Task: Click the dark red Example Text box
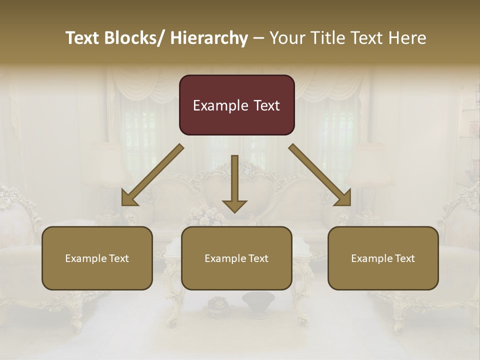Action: [236, 105]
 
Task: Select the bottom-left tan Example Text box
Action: [97, 258]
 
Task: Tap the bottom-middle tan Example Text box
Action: [236, 258]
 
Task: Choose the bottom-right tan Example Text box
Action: [383, 258]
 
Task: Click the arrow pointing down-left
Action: [152, 175]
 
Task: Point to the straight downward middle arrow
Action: [234, 183]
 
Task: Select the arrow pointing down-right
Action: [320, 175]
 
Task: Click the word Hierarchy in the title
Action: [209, 38]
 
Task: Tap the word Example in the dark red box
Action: [220, 105]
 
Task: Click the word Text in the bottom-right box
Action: [404, 258]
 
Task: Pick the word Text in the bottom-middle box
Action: [257, 258]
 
